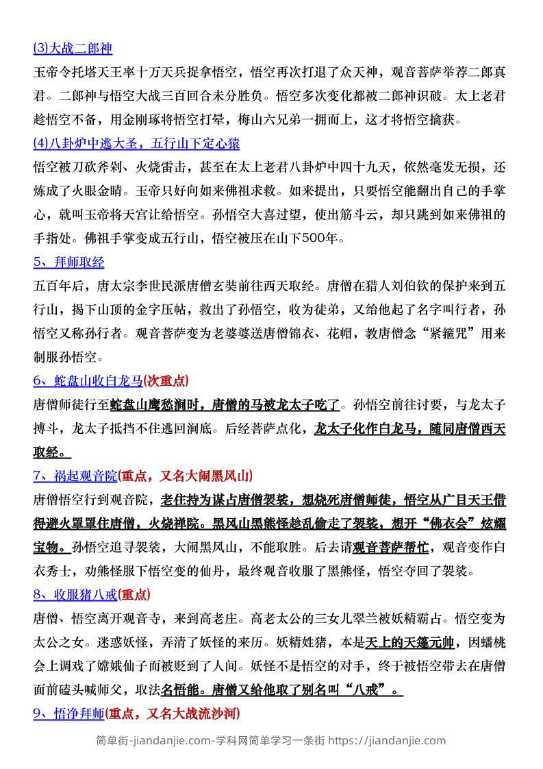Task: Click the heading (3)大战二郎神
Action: (x=72, y=49)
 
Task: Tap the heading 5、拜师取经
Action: (x=68, y=262)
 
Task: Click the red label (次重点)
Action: (x=167, y=380)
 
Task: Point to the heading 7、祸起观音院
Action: (x=75, y=475)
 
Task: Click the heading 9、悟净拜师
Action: (x=68, y=713)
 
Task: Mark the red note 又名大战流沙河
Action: (x=193, y=713)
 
